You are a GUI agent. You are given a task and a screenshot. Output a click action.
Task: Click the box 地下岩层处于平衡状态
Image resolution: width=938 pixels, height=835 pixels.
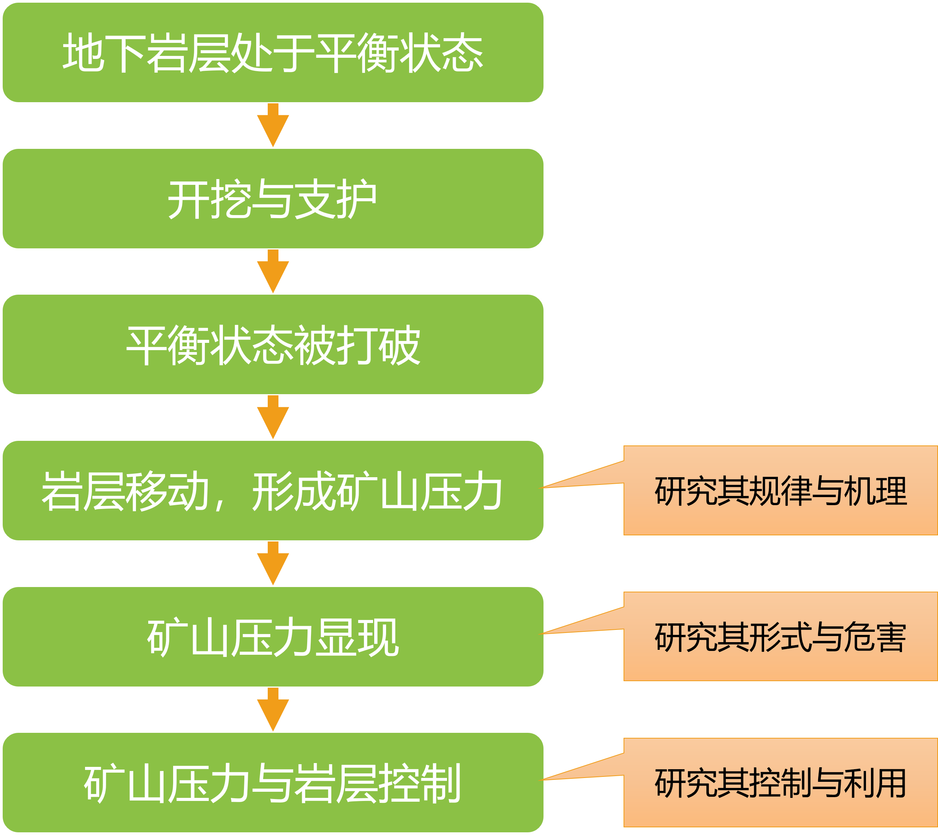click(x=273, y=52)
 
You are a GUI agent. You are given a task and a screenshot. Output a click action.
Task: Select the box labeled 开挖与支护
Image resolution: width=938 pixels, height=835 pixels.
click(x=273, y=198)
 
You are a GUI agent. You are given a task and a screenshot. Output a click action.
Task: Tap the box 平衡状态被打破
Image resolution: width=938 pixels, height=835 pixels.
click(x=273, y=344)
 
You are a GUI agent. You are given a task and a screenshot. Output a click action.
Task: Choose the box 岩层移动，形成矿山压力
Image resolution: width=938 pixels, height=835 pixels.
click(x=273, y=491)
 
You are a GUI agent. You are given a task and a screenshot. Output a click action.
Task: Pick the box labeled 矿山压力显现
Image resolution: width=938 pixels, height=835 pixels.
click(x=273, y=636)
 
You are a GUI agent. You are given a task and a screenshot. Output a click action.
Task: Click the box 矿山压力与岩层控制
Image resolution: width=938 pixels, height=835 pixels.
click(x=273, y=783)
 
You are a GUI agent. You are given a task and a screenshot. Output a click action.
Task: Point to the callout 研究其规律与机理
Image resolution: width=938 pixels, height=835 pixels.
click(x=780, y=491)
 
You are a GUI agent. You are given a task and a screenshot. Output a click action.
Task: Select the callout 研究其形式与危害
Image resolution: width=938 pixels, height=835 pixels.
click(x=780, y=636)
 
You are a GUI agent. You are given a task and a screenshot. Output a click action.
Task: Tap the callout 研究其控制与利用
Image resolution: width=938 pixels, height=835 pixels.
click(x=780, y=783)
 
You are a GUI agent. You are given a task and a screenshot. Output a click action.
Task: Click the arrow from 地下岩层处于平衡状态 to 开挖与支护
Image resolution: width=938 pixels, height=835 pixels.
click(x=273, y=125)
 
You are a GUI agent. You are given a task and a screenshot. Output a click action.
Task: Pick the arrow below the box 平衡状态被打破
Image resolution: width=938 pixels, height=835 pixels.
click(x=273, y=417)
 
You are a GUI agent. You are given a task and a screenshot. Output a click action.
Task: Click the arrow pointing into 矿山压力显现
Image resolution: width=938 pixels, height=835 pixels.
click(x=273, y=563)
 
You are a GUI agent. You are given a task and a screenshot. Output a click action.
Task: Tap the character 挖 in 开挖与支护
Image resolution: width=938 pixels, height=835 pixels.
click(x=231, y=199)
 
